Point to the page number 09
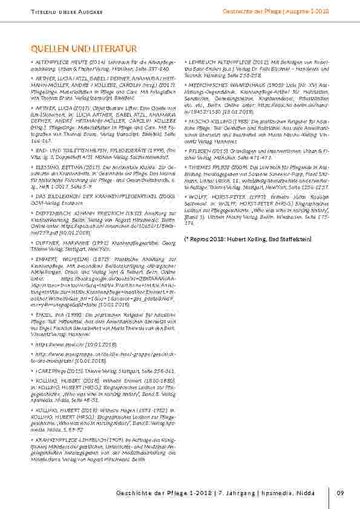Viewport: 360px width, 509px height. pos(340,493)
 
